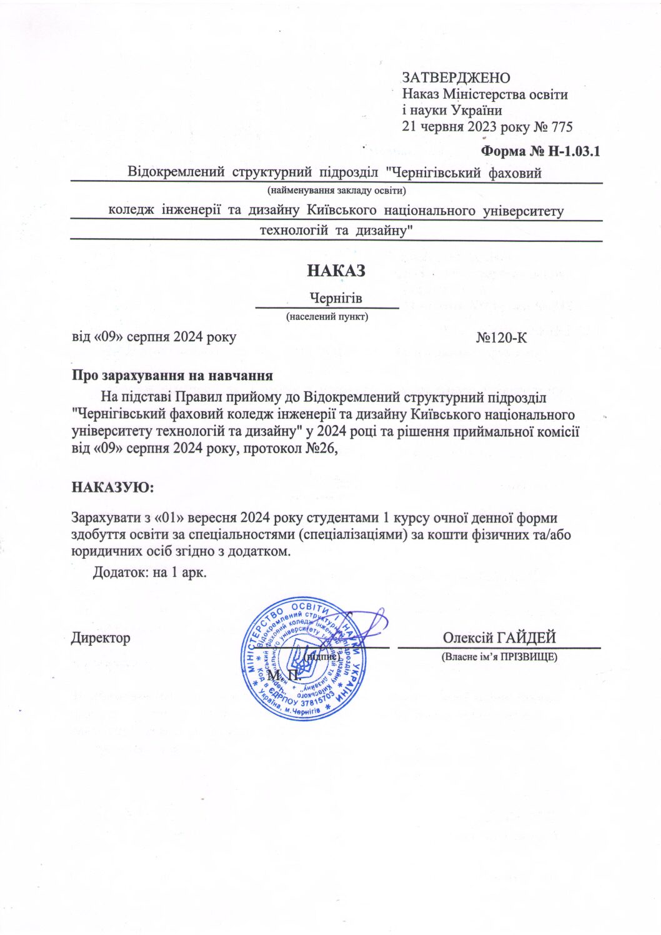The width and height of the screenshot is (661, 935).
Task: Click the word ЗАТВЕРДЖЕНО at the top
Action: [x=455, y=77]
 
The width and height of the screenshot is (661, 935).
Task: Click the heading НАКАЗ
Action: [x=335, y=271]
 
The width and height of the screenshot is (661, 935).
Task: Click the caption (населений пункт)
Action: [x=327, y=317]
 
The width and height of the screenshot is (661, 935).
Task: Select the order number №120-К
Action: [x=501, y=337]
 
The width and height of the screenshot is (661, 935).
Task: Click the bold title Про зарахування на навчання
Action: [x=172, y=376]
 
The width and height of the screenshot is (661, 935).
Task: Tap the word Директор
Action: [x=101, y=637]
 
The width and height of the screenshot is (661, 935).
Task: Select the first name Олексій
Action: [x=468, y=637]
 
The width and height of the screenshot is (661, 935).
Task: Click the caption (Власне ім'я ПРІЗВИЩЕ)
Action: [x=499, y=657]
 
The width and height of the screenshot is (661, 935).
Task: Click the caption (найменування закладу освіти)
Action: [x=337, y=190]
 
